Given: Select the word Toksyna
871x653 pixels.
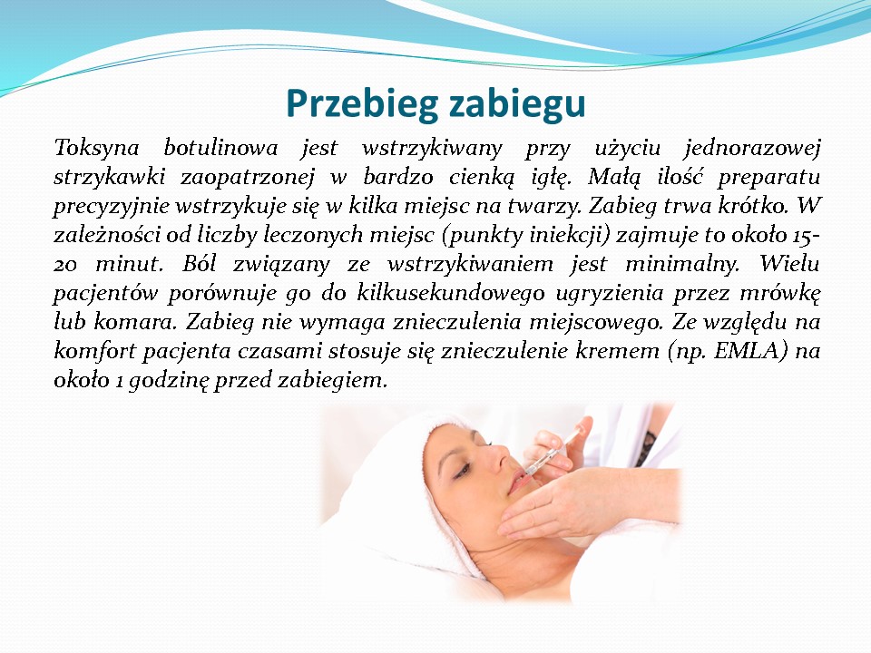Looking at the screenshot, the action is coord(96,148).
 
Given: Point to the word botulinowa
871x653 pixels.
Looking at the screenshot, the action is coord(220,148).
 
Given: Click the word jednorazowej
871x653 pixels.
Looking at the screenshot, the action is coord(751,148).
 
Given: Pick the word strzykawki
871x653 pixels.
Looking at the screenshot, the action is coord(110,177).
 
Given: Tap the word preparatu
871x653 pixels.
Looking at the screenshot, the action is coord(768,177).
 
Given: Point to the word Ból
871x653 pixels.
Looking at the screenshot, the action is coord(199,264).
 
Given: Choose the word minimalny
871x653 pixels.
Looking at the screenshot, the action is coord(682,264).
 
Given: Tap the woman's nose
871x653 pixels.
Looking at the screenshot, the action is coord(495,450).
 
